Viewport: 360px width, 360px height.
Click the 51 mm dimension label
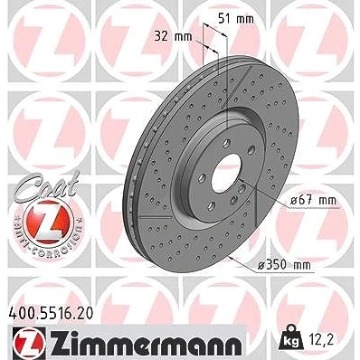(236, 19)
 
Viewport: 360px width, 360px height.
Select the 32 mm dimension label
(173, 36)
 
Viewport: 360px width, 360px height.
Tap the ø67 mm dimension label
(313, 201)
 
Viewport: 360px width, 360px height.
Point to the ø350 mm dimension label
(284, 265)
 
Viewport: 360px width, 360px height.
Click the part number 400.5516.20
(51, 314)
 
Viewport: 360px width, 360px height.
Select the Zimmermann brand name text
(144, 342)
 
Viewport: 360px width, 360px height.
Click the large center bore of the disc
(226, 173)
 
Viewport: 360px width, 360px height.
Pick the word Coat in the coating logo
(47, 185)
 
